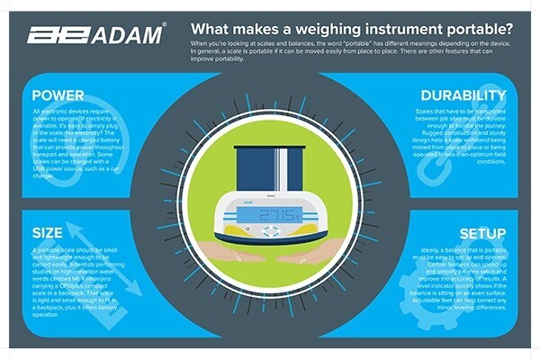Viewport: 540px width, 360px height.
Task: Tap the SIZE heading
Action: coord(47,233)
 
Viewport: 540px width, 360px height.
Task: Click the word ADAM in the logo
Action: coord(130,36)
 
